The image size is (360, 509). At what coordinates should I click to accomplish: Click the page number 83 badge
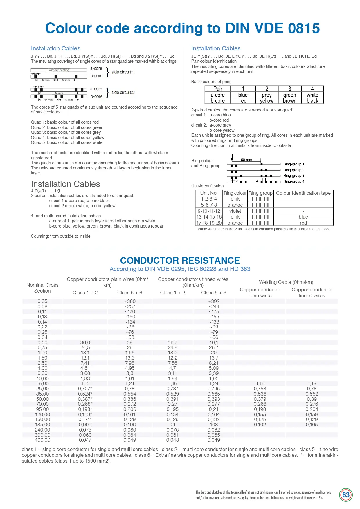click(346, 495)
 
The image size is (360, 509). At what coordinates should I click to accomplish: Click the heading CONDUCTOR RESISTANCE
click(180, 260)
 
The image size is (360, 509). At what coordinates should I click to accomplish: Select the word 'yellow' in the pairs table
click(267, 101)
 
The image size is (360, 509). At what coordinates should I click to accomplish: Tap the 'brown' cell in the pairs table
click(290, 101)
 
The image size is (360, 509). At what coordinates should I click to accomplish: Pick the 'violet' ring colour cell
click(235, 211)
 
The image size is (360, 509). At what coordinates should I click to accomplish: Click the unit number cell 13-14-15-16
click(209, 217)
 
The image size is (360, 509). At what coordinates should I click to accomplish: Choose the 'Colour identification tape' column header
click(303, 193)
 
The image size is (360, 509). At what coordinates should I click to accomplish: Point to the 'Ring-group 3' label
click(294, 176)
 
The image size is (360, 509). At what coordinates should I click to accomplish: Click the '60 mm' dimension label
click(246, 160)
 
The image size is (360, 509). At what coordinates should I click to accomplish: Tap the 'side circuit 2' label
click(123, 93)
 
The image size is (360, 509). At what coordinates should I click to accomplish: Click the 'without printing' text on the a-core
click(59, 70)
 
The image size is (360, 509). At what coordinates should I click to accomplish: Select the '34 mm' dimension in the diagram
click(59, 93)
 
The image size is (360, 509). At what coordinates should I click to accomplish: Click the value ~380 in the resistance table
click(130, 301)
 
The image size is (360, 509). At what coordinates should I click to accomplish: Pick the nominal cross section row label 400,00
click(42, 440)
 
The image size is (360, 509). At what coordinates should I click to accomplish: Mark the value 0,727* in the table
click(85, 389)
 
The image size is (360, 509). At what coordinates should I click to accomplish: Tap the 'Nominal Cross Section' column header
click(42, 288)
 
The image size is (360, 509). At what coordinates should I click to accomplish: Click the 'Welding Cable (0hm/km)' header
click(286, 282)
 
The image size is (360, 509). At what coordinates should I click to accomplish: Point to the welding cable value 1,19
click(312, 383)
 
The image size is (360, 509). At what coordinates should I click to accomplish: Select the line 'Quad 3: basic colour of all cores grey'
click(66, 132)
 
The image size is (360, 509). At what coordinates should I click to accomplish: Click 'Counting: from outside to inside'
click(61, 236)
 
